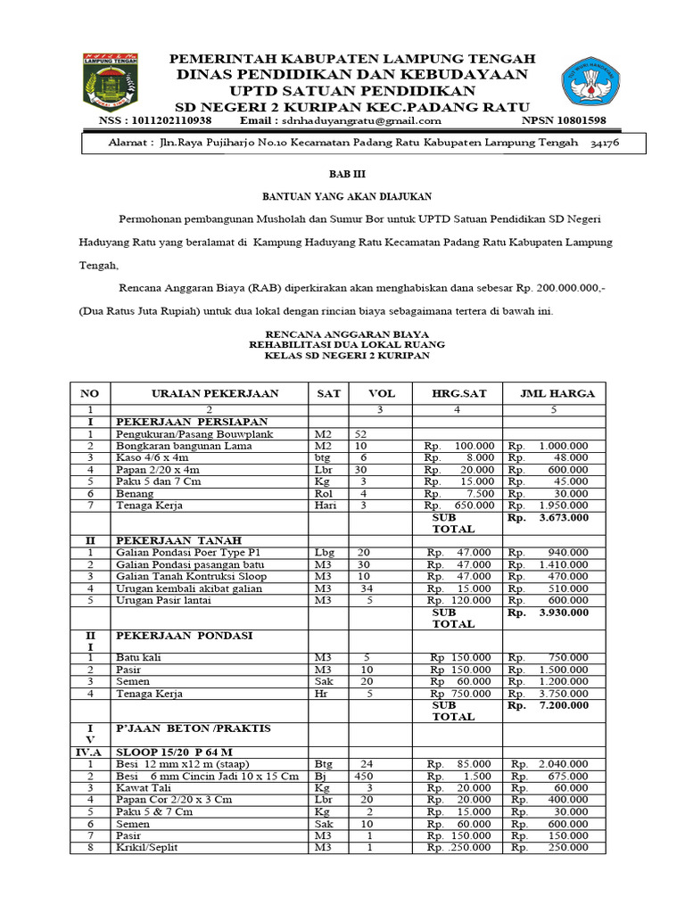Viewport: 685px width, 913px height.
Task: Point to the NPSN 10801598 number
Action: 563,120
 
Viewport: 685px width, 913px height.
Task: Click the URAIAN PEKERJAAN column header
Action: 215,393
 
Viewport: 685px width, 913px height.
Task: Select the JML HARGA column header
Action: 550,393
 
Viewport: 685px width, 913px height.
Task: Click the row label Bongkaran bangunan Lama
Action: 184,446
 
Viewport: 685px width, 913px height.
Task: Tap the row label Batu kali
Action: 138,657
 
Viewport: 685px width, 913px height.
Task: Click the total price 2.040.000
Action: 561,764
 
